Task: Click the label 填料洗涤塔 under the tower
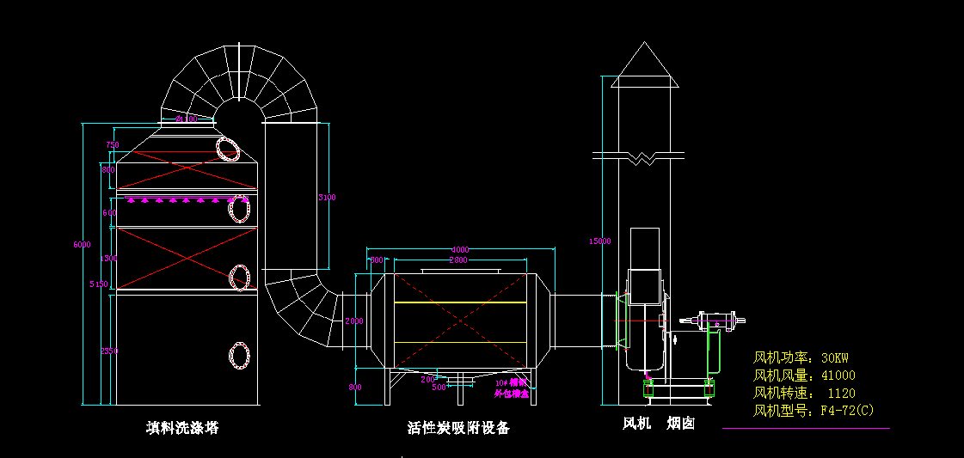tap(182, 427)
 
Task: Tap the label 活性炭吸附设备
tap(458, 427)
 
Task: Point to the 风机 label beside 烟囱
tap(637, 424)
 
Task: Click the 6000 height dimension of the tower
tap(82, 245)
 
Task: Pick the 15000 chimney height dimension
tap(599, 241)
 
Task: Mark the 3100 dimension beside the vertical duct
tap(327, 198)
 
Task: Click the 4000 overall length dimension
tap(461, 250)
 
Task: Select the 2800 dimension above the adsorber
tap(458, 260)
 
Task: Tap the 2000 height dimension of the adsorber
tap(354, 321)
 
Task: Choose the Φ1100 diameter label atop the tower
tap(187, 119)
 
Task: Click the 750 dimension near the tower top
tap(112, 145)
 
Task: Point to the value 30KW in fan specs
tap(837, 357)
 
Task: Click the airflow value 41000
tap(838, 376)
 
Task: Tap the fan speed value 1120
tap(841, 393)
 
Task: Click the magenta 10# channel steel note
tap(512, 388)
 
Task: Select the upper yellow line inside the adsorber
tap(460, 303)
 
